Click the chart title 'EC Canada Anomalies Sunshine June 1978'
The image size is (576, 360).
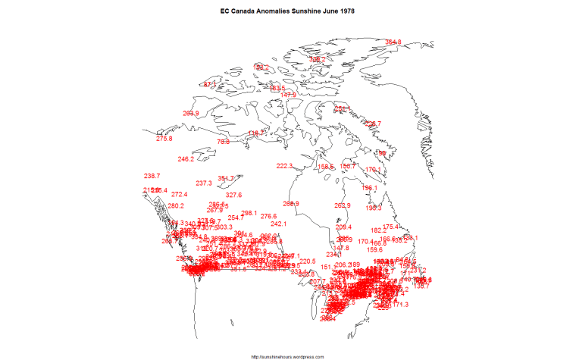[x=287, y=13]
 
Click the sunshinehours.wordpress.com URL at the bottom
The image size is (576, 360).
[x=287, y=355]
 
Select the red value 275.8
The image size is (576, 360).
[x=164, y=139]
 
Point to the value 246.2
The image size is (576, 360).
[x=186, y=159]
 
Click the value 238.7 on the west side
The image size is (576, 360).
[x=152, y=176]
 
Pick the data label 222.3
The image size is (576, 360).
[x=284, y=166]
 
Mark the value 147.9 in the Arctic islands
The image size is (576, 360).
[x=288, y=95]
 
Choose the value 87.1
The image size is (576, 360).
[x=210, y=83]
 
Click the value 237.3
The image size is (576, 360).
[x=204, y=183]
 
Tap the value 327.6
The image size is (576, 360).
[x=233, y=196]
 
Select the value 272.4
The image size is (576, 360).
[x=180, y=195]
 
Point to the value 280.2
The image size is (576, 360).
[x=176, y=206]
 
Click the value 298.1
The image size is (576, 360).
[x=249, y=214]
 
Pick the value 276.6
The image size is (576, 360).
[x=269, y=217]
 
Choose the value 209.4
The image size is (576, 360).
[x=344, y=227]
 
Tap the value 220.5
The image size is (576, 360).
[x=307, y=261]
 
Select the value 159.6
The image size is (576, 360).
[x=374, y=249]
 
